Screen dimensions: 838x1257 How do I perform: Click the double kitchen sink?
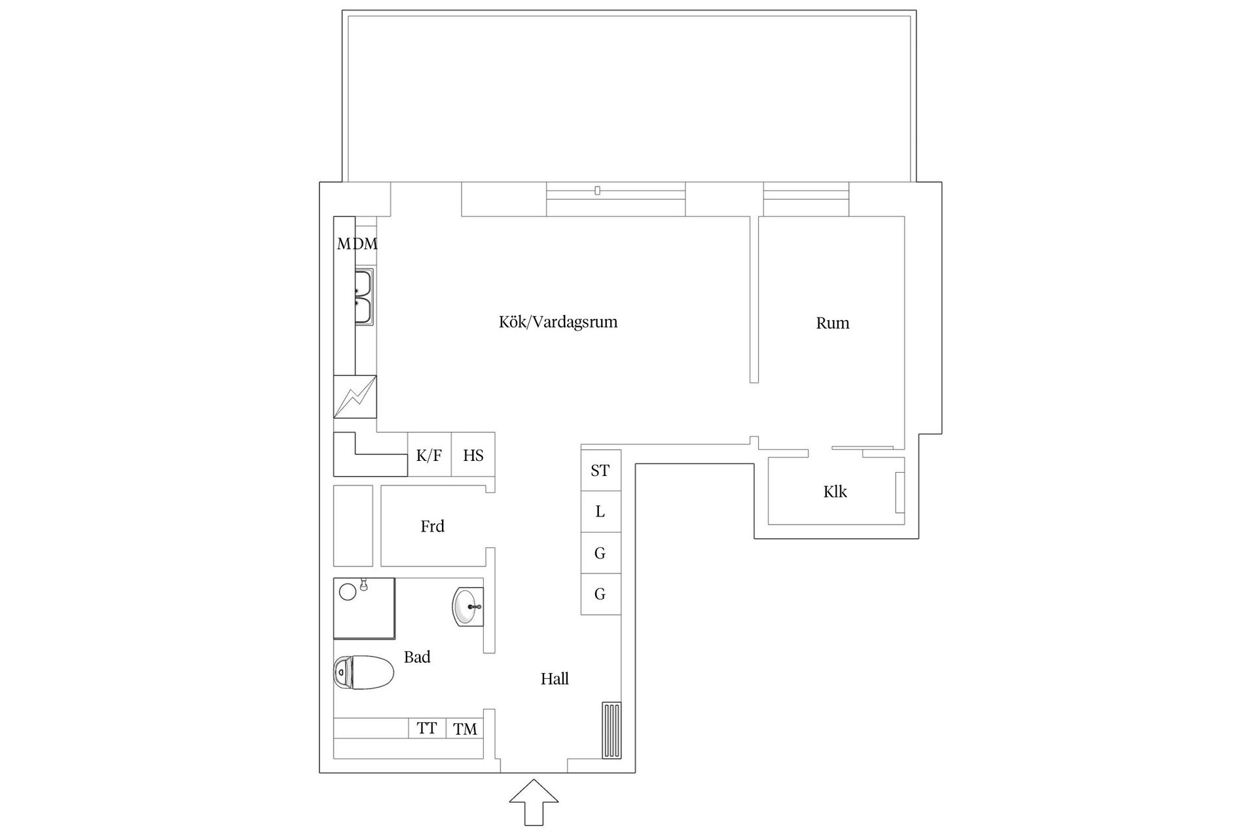363,297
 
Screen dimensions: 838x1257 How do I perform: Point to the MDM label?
357,244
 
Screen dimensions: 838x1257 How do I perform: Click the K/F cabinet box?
429,454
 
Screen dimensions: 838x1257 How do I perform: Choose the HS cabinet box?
473,454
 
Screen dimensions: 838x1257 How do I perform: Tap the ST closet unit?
600,469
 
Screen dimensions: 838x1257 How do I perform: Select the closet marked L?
600,511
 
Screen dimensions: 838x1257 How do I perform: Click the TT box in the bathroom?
427,728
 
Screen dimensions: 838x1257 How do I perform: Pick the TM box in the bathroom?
465,729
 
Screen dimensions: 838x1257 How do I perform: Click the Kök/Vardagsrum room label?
558,322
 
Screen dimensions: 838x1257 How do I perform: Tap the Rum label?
832,323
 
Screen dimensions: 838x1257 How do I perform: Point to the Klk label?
835,492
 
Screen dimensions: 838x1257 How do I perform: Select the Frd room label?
432,526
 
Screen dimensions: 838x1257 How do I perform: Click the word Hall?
555,679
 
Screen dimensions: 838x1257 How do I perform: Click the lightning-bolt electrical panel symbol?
355,397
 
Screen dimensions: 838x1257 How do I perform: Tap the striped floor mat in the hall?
611,731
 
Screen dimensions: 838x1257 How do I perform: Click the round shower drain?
348,592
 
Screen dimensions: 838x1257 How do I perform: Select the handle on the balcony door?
597,191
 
